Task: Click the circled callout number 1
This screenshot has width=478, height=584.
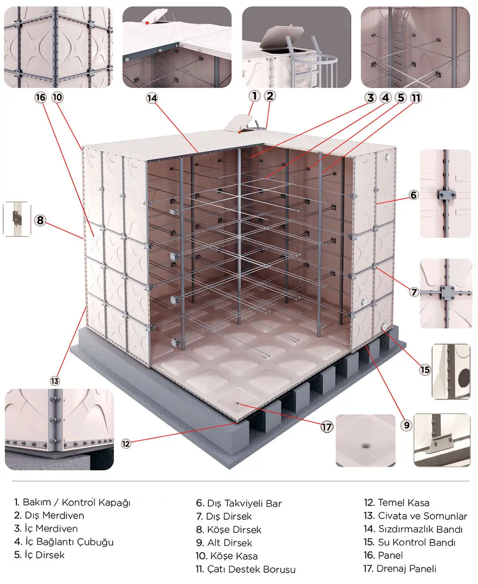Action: [254, 96]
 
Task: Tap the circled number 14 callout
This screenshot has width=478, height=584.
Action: [152, 98]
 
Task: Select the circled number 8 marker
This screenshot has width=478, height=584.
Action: [40, 220]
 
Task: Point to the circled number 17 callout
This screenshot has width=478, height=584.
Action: [327, 427]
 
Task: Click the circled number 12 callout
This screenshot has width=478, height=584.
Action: [126, 444]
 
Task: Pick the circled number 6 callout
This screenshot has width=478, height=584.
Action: [414, 195]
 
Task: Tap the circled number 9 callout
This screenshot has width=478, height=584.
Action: [406, 425]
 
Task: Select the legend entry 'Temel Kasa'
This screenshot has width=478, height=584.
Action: [403, 503]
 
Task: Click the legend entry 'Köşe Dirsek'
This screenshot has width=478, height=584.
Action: [234, 530]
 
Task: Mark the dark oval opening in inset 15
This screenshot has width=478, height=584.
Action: [464, 378]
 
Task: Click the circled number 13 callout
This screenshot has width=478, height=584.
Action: [55, 381]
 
